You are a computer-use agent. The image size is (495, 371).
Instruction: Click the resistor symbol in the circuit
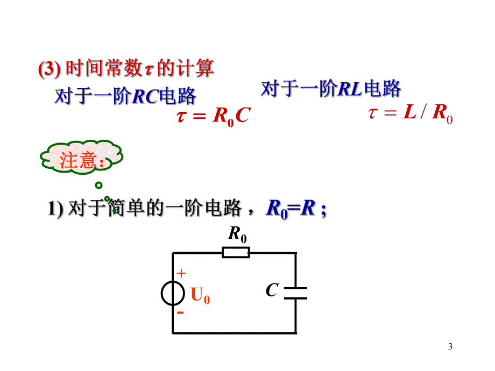pos(236,253)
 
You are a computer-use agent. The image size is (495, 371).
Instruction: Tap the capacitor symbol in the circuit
pos(295,293)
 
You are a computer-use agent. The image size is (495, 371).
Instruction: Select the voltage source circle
pos(173,293)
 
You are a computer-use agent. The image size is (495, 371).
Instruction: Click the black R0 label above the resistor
pos(237,234)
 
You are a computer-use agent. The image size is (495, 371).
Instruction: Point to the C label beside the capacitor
pos(272,290)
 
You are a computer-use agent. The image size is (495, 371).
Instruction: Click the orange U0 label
pos(200,295)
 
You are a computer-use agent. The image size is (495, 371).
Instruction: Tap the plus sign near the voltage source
pos(181,273)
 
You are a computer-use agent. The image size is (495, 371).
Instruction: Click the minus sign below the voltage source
pos(180,312)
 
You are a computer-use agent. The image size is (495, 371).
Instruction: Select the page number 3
pos(450,346)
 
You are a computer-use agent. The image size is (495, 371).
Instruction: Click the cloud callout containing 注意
pos(81,157)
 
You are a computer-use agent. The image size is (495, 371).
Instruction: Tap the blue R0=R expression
pos(291,209)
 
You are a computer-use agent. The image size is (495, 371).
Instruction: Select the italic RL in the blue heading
pos(350,89)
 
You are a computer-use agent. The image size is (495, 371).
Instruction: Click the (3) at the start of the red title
pos(49,69)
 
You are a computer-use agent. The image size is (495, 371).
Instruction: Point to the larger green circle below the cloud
pos(98,185)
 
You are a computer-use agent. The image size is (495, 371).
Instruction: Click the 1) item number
pos(55,209)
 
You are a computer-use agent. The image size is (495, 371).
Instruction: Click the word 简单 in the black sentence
pos(126,208)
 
